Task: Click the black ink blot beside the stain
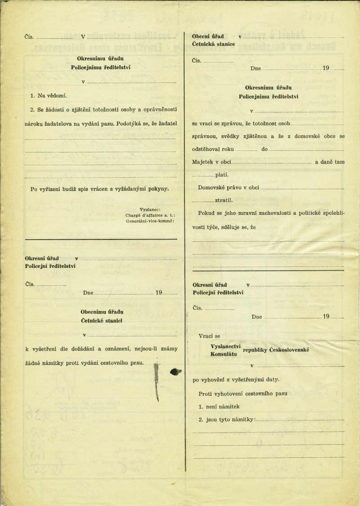[175, 371]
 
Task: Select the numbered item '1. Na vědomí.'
[48, 96]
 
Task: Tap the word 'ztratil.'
[224, 199]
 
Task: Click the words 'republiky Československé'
[275, 351]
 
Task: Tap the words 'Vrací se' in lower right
[209, 336]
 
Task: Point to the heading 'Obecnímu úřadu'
[102, 312]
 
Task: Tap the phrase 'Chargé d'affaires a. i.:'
[150, 215]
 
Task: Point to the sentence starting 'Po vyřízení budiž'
[99, 189]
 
